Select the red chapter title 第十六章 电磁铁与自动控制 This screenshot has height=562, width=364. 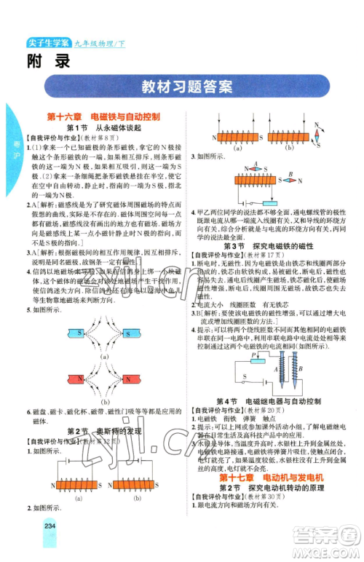(103, 116)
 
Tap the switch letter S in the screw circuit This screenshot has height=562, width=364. (245, 376)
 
